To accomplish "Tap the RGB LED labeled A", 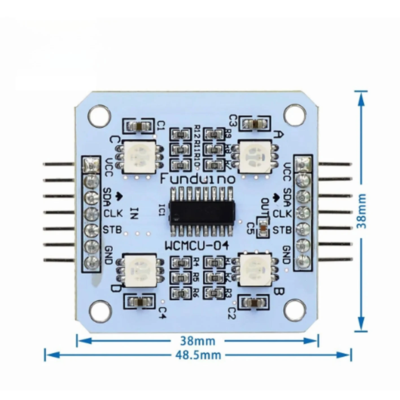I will point(255,156).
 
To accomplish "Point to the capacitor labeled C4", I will point(140,303).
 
